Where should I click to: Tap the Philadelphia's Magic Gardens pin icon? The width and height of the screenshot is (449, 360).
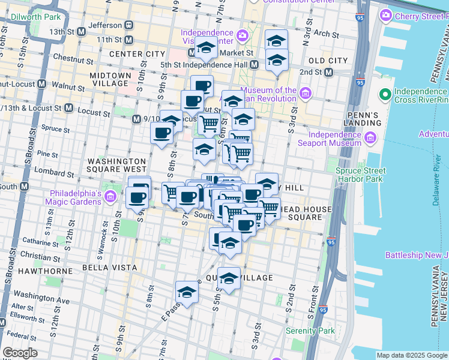pos(110,196)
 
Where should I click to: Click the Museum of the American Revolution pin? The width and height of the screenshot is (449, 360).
pos(306,93)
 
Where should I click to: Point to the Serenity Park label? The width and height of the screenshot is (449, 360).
pos(310,331)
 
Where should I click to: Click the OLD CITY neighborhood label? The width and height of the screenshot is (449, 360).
pos(328,61)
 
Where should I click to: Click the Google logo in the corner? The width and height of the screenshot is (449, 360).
pos(20,353)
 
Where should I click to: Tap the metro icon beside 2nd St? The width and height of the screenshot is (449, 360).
pos(329,73)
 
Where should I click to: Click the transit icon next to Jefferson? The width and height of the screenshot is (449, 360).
pos(128,25)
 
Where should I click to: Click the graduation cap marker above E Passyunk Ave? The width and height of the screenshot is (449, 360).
pos(187,293)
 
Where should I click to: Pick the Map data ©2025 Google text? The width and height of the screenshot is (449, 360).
pos(411,355)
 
